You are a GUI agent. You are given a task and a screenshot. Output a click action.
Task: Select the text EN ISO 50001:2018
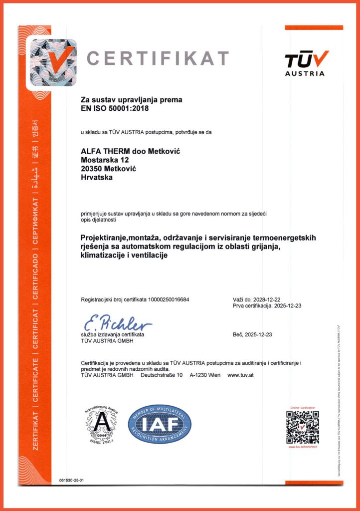click(115, 107)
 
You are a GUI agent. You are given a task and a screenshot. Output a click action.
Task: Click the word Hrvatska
click(97, 178)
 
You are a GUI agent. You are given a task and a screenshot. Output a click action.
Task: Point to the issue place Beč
click(237, 335)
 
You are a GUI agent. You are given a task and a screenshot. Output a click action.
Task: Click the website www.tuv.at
click(241, 375)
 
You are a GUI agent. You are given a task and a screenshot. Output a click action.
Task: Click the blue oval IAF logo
click(160, 425)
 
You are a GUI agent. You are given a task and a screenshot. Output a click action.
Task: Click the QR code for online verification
click(302, 427)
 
